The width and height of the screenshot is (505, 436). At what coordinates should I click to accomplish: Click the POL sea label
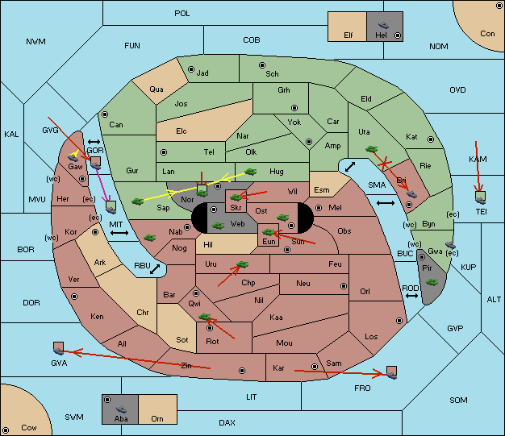182,14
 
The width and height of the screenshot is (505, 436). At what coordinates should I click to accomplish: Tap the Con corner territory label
487,34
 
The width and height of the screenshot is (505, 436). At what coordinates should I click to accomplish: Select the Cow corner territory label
29,427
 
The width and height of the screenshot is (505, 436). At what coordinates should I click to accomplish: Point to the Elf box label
348,35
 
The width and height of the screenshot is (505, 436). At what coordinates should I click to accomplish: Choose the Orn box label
157,419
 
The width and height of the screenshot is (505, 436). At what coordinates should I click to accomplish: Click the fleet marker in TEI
481,196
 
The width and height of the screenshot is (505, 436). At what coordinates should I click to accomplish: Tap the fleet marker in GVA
58,348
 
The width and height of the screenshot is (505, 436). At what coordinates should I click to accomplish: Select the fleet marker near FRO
391,372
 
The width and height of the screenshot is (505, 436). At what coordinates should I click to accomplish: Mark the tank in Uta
372,149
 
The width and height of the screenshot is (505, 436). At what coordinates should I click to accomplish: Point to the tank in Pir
432,281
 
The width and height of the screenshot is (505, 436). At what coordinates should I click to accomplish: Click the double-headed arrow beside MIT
119,233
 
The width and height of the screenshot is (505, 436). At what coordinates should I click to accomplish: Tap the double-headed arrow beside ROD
411,297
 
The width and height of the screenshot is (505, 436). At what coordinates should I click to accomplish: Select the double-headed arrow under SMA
386,202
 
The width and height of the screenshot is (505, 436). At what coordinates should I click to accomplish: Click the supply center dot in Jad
191,69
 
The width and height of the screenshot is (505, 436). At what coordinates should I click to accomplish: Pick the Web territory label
237,222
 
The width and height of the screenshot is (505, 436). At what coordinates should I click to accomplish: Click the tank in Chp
241,264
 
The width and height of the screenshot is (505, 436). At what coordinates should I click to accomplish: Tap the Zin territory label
186,365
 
